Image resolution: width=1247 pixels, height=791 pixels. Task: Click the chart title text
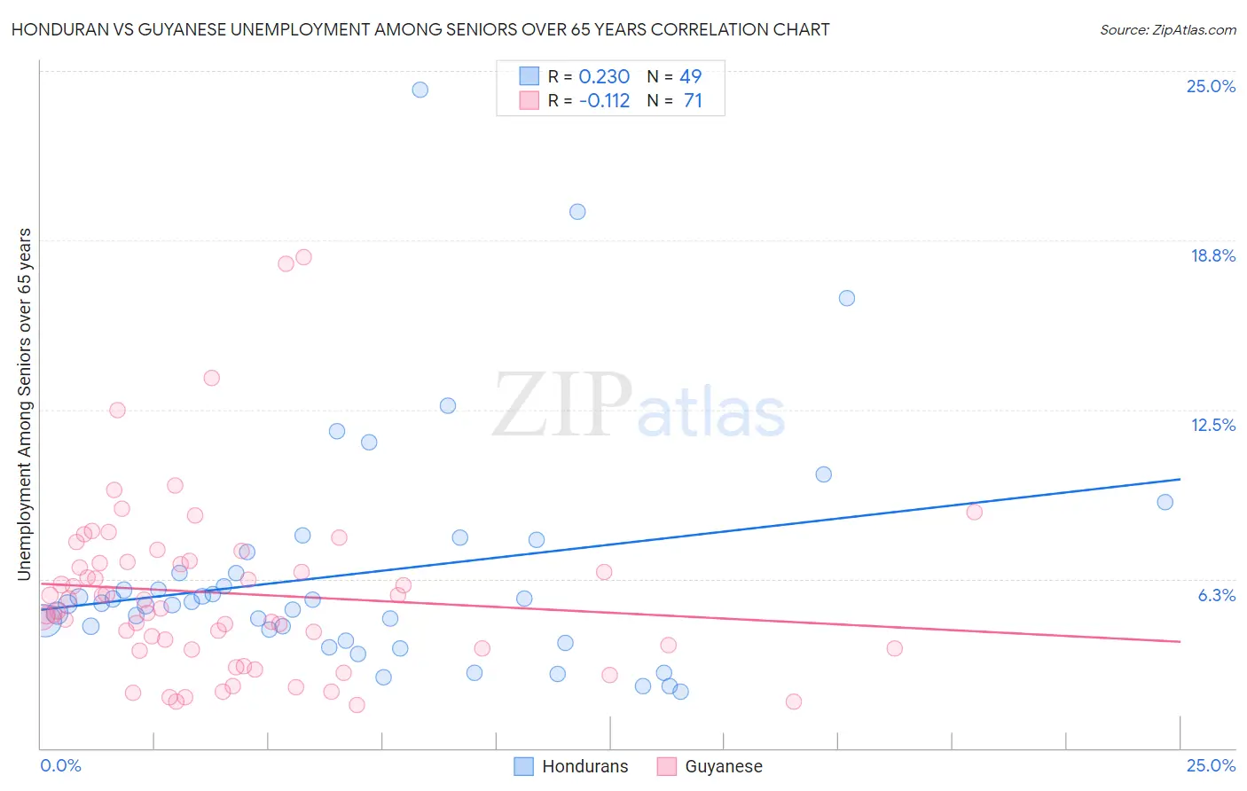click(420, 29)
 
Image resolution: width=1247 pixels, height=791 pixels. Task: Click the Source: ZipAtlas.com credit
click(1167, 29)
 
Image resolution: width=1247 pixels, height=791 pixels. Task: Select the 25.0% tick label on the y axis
click(1211, 86)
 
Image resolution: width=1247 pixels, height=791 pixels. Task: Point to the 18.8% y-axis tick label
click(1212, 255)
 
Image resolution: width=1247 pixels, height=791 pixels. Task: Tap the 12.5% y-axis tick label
click(1212, 425)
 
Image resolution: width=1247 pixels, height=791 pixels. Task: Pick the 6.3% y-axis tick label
click(1216, 595)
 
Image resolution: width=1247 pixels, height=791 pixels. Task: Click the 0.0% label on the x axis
click(60, 765)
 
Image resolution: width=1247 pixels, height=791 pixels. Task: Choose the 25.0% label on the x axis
click(1211, 765)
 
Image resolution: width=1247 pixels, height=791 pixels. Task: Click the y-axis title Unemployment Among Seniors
click(25, 404)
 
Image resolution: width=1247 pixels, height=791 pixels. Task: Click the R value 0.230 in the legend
click(604, 77)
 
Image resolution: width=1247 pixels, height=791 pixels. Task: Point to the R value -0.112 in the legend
click(604, 101)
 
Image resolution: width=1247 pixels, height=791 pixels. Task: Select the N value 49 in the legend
click(690, 77)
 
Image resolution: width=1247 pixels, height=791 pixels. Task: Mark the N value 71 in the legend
click(693, 101)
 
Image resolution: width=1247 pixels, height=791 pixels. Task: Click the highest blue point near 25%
click(420, 90)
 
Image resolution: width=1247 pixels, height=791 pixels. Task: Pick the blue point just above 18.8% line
click(577, 211)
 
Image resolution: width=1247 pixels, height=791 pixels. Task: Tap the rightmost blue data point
click(1165, 502)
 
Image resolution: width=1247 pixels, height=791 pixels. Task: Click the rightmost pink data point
click(974, 512)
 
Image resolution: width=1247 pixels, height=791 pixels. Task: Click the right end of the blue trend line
click(1180, 479)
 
